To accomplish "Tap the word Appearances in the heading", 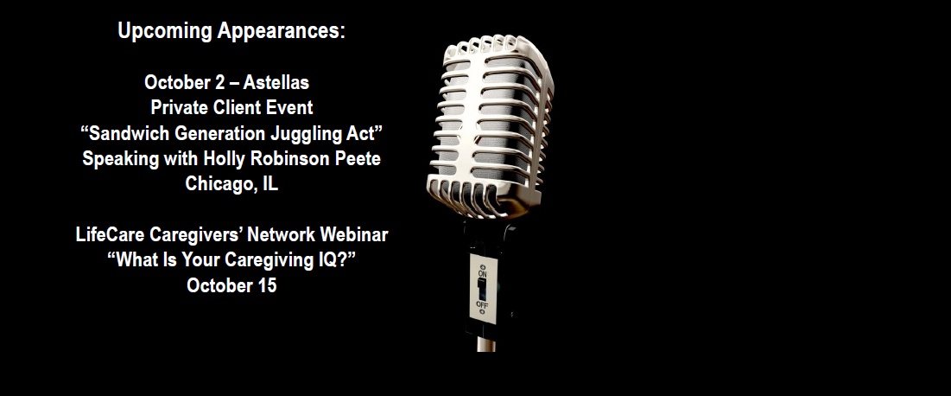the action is click(x=282, y=31).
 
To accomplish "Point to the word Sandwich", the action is click(x=127, y=133).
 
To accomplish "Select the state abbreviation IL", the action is click(x=270, y=183).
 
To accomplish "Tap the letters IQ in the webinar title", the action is click(x=328, y=260).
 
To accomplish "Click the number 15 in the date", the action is click(x=267, y=285).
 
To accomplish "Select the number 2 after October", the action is click(x=219, y=82).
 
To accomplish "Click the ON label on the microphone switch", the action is click(x=483, y=274).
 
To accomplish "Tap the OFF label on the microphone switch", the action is click(x=482, y=304).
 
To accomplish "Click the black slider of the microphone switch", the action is click(x=482, y=289).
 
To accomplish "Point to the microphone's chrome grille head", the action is click(x=490, y=125).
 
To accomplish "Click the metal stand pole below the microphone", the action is click(x=485, y=344).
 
